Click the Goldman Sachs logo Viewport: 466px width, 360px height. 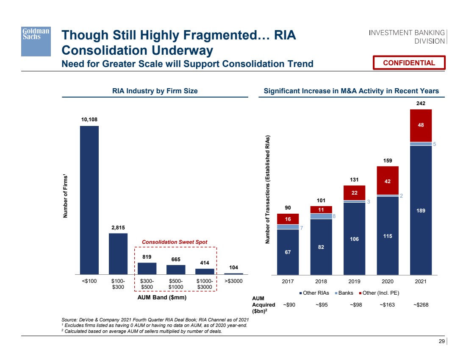[36, 41]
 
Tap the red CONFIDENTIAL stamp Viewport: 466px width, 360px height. [409, 63]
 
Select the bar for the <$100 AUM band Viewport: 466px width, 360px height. [89, 200]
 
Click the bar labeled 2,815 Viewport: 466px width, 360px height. [118, 254]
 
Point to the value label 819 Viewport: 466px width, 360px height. [147, 257]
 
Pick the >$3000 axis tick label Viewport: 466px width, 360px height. [233, 281]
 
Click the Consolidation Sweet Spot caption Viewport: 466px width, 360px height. [175, 242]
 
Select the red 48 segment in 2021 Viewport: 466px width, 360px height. [421, 126]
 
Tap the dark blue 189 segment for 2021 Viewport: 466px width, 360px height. [421, 210]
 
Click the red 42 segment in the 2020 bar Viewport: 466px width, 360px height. [388, 180]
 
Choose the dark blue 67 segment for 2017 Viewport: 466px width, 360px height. [288, 252]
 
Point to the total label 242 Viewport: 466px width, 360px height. [421, 103]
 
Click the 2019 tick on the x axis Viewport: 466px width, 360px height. [355, 281]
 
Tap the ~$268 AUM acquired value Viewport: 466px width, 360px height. [421, 304]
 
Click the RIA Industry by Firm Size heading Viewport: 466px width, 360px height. [155, 91]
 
